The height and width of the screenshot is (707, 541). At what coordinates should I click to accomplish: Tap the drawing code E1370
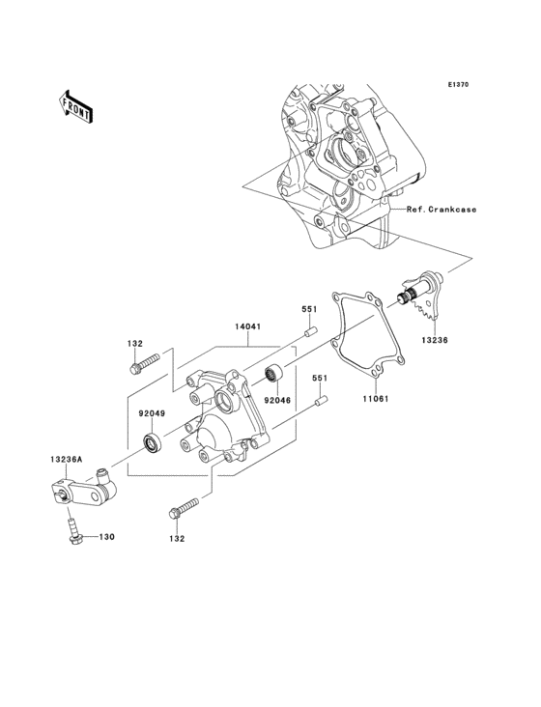point(458,85)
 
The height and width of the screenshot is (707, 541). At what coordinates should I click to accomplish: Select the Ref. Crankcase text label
point(441,210)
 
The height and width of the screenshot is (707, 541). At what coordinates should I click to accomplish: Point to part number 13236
point(434,340)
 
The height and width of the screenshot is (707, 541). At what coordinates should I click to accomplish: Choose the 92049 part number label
point(152,413)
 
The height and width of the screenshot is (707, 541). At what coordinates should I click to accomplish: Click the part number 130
point(107,536)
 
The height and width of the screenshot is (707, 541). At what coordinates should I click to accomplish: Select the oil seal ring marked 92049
point(152,443)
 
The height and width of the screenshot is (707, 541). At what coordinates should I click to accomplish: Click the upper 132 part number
point(135,343)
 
